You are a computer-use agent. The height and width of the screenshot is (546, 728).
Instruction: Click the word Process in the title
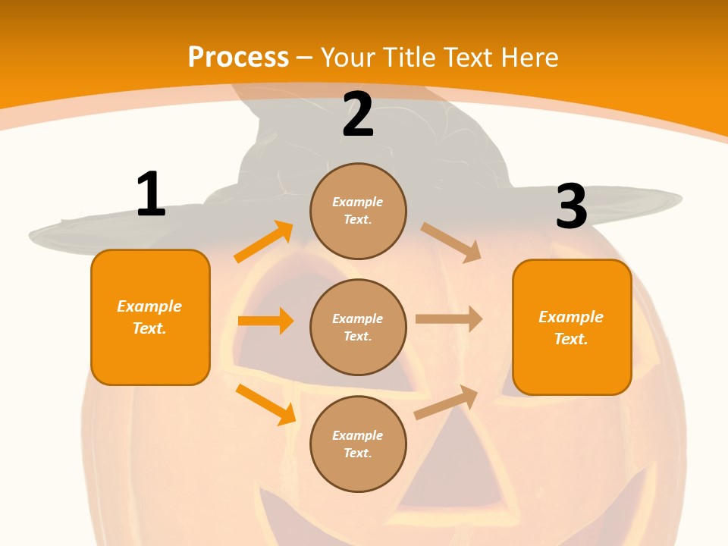click(x=238, y=58)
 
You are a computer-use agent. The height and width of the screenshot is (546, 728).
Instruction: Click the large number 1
click(x=151, y=195)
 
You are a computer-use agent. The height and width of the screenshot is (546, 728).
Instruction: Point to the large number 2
click(x=358, y=115)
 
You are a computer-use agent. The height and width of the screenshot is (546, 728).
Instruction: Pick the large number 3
click(x=571, y=207)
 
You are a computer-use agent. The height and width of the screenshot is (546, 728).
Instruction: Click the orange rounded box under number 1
click(x=150, y=317)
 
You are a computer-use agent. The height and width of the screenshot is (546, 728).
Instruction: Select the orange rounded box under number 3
click(x=572, y=327)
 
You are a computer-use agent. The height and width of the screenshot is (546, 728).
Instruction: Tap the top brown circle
click(x=358, y=211)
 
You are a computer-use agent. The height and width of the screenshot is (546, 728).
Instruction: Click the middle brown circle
click(x=358, y=327)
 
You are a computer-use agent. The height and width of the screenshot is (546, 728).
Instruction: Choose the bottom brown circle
click(x=358, y=444)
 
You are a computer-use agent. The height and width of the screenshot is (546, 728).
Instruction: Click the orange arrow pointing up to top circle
click(x=264, y=242)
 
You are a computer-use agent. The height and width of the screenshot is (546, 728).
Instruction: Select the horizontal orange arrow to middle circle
click(x=265, y=321)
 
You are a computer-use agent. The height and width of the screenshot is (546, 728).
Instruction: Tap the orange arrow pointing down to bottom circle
click(x=265, y=404)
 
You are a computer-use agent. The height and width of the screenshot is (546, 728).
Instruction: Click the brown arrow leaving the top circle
click(x=451, y=242)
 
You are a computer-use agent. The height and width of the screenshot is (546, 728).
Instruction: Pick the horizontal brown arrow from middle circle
click(x=448, y=319)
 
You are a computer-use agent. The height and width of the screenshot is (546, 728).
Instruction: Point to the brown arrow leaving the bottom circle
click(x=447, y=403)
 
